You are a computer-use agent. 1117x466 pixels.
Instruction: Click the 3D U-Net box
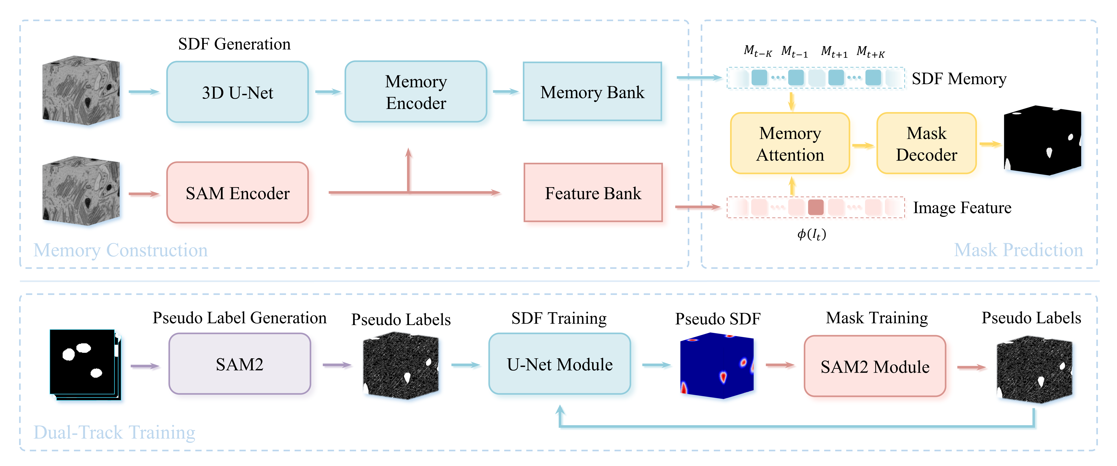237,92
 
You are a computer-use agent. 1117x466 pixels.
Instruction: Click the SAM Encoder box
237,193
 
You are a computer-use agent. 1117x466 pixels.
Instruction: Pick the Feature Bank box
593,193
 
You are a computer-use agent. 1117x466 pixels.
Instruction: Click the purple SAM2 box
239,364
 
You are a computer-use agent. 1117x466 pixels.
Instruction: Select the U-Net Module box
559,364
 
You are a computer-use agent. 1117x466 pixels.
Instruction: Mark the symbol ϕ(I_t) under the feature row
811,234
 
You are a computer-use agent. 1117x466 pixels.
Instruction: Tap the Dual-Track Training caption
114,432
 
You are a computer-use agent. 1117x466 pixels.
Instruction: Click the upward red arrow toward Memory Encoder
408,169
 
